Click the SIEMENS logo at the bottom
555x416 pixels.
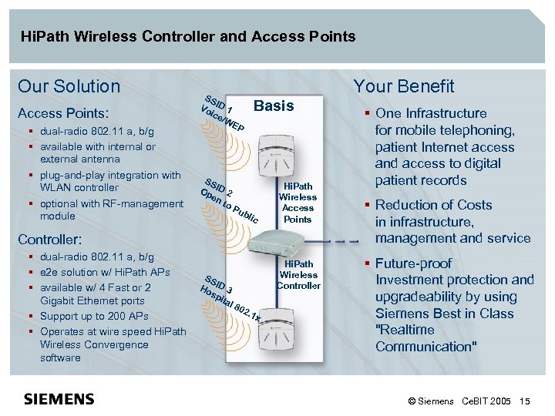tap(59, 399)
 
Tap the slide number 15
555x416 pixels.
tap(525, 401)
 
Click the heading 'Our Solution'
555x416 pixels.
tap(69, 86)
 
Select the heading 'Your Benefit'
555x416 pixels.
tap(403, 86)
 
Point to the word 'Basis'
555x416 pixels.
tap(274, 106)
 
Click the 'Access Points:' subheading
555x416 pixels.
tap(63, 112)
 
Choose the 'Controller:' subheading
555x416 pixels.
tap(50, 240)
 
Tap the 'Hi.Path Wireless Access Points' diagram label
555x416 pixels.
tap(298, 203)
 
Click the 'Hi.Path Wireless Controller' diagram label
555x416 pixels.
tap(298, 275)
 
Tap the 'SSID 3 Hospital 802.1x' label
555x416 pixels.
tap(231, 297)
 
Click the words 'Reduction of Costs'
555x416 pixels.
tap(433, 205)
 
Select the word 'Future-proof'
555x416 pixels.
tap(414, 263)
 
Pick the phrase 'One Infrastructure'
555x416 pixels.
tap(431, 113)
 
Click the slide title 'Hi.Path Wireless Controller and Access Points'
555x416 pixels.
tap(188, 36)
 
